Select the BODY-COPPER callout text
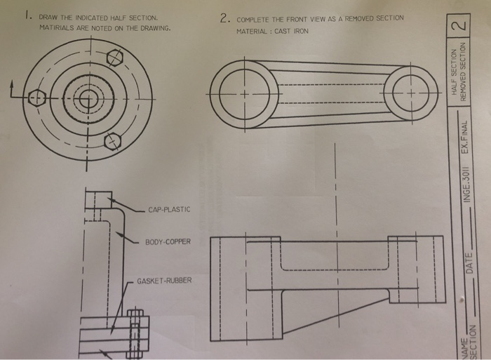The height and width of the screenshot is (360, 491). (168, 241)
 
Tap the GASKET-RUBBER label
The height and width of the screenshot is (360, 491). (163, 281)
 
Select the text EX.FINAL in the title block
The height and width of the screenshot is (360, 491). (466, 138)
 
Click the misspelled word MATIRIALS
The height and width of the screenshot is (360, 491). (57, 28)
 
